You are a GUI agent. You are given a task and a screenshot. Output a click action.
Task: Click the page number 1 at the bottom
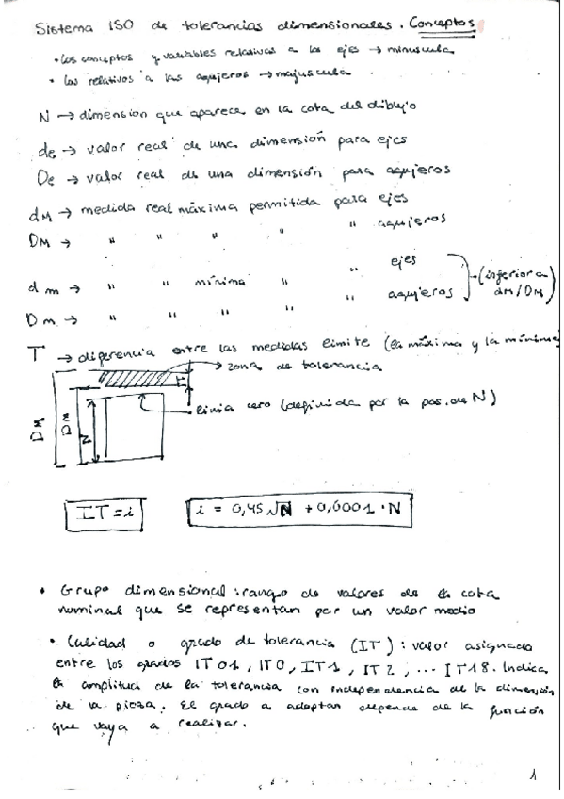pyautogui.click(x=533, y=778)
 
